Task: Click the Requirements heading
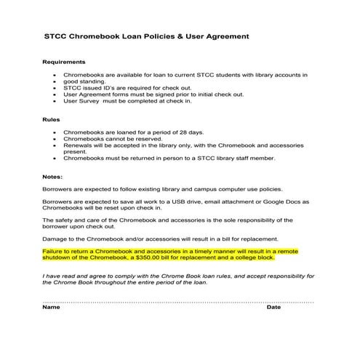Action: pos(63,63)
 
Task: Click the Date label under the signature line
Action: pos(273,307)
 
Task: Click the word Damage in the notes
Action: pos(55,239)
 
